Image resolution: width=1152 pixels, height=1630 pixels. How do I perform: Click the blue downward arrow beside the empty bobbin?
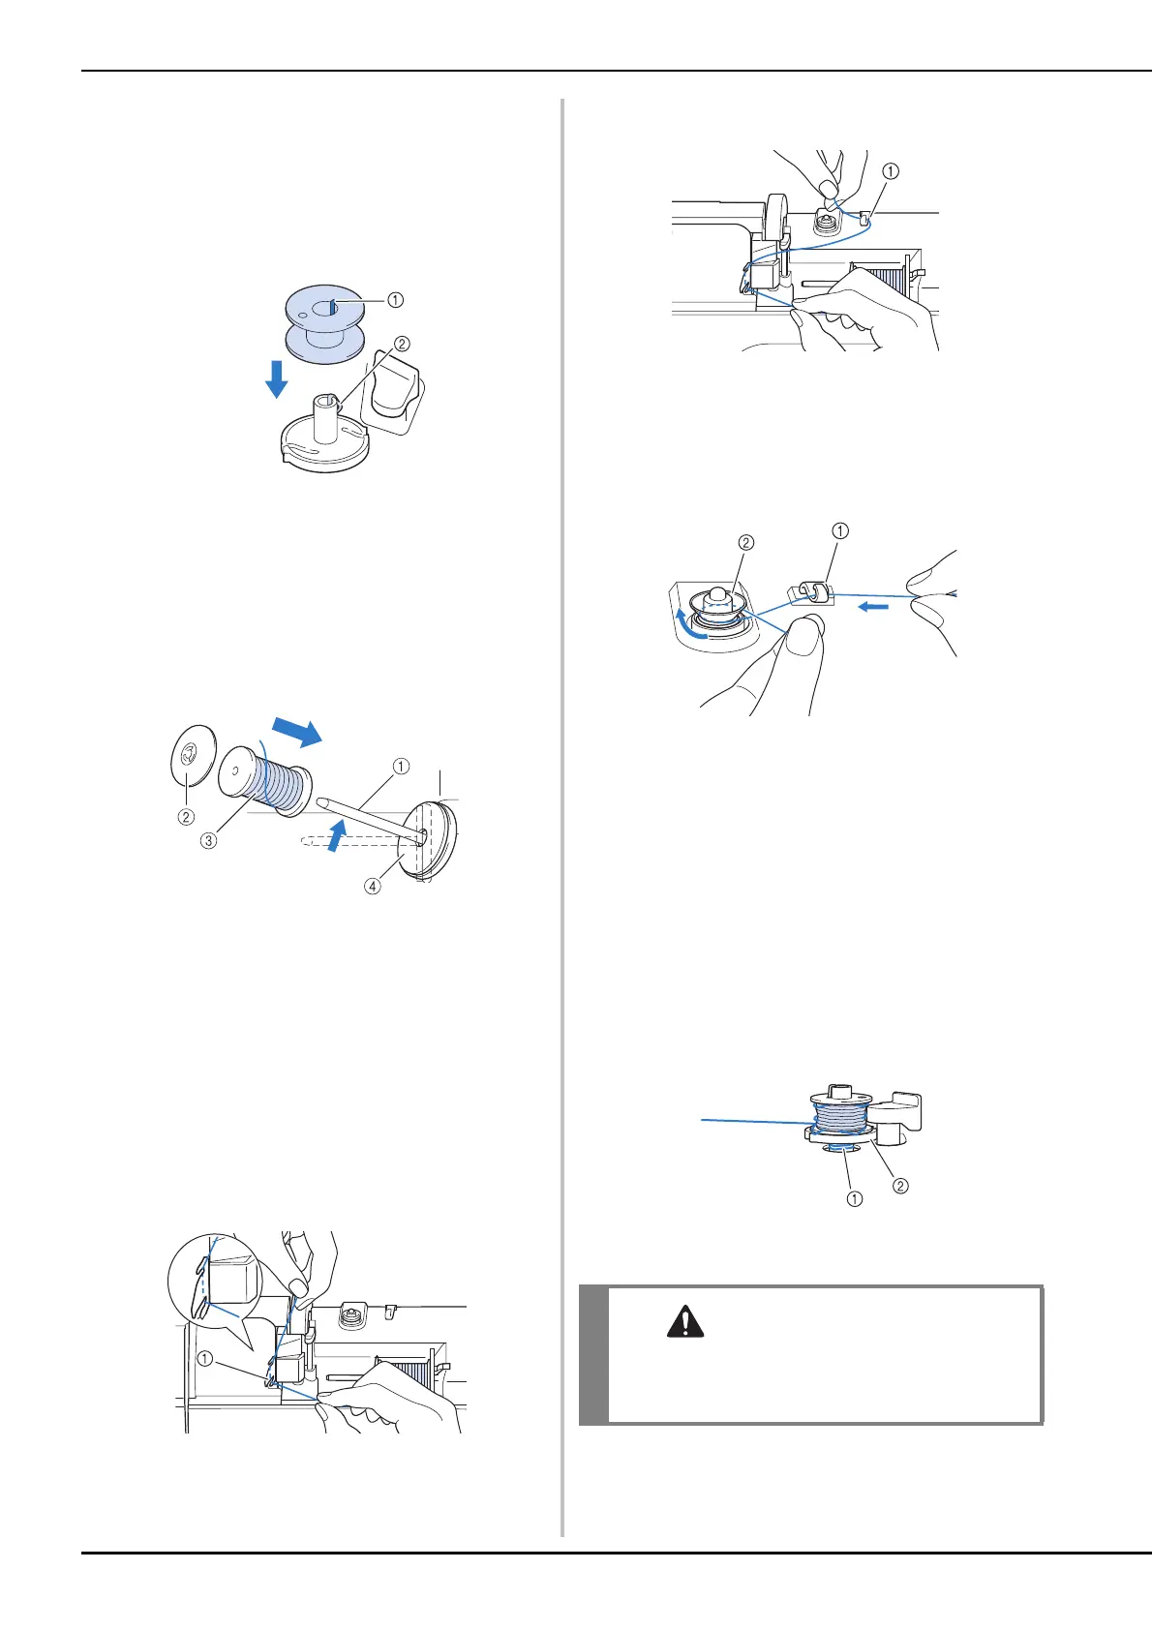[x=276, y=378]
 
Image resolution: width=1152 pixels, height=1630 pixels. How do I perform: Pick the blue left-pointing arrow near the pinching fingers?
[x=873, y=608]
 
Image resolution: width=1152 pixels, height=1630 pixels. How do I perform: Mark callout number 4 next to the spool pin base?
[x=373, y=886]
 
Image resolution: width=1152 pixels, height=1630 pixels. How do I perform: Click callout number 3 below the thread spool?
[x=208, y=840]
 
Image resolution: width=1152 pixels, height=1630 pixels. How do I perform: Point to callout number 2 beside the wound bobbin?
[x=900, y=1185]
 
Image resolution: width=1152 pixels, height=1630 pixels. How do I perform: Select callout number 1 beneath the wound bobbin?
[x=855, y=1199]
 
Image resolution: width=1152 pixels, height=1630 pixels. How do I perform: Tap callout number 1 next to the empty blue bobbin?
[x=395, y=300]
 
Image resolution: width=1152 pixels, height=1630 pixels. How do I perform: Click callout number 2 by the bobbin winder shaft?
[x=402, y=344]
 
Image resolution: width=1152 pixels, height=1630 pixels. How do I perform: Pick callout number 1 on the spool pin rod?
[x=401, y=766]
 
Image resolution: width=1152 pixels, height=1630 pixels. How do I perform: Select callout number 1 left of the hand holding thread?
[x=205, y=1358]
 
